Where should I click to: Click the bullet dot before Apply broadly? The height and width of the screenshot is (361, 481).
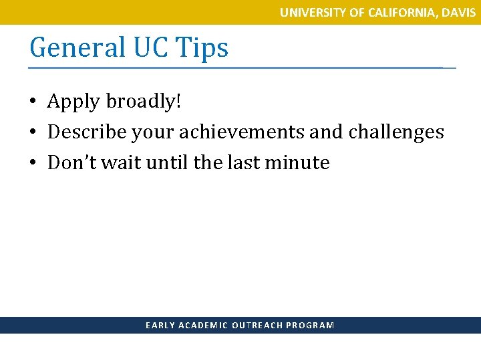coord(32,102)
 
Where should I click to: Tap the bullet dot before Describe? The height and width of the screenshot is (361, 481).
coord(32,132)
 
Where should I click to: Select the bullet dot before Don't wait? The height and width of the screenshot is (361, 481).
coord(32,163)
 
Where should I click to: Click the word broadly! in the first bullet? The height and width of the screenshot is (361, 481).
coord(142,102)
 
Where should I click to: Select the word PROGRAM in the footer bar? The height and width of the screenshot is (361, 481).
coord(310,326)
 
